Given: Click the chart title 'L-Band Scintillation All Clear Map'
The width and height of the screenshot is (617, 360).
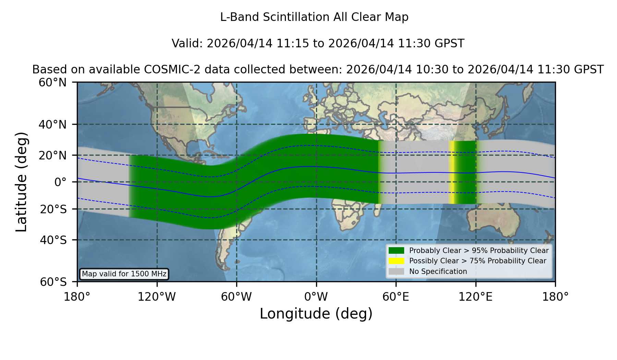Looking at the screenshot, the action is [x=314, y=17].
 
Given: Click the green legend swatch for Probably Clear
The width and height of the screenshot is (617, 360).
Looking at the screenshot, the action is [x=397, y=251].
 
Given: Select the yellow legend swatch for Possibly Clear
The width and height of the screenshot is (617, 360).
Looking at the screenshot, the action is [x=397, y=261].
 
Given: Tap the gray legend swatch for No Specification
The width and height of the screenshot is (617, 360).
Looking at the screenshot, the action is [x=397, y=272].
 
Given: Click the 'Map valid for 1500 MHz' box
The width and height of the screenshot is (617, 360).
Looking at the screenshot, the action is [x=124, y=274].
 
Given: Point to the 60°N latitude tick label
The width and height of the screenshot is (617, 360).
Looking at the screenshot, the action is [x=52, y=83].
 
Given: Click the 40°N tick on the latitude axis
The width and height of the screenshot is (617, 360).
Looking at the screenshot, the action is [x=52, y=124].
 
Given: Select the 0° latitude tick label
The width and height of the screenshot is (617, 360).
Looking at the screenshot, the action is [x=60, y=182].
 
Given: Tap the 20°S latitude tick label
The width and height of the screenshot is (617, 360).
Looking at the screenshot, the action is [x=53, y=209].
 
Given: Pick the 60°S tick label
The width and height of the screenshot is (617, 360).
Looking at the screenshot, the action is [x=53, y=282].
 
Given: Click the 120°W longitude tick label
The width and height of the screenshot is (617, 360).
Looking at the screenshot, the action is [x=157, y=297].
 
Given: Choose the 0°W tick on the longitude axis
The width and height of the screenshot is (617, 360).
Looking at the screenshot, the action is [x=316, y=297].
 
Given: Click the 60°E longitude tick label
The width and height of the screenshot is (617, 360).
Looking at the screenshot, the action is [x=396, y=297].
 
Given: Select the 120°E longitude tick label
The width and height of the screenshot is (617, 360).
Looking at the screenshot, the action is [x=475, y=297].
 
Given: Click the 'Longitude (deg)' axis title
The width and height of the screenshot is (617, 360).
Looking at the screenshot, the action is [x=316, y=314].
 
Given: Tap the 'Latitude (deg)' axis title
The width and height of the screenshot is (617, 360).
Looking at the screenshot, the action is [x=22, y=182].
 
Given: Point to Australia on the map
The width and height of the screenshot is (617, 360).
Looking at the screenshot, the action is [x=494, y=219].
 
